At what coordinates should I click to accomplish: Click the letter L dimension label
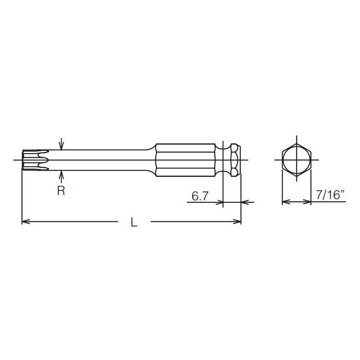pos(134,222)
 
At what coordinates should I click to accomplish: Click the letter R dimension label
pos(61,191)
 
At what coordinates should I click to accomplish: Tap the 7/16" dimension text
pos(330,196)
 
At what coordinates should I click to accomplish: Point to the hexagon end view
pos(297,160)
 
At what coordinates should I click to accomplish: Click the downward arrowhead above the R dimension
pos(62,147)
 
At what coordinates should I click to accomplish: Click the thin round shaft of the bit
pos(99,160)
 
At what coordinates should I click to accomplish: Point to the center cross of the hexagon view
pos(297,160)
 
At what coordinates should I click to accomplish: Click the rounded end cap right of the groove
pos(236,160)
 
